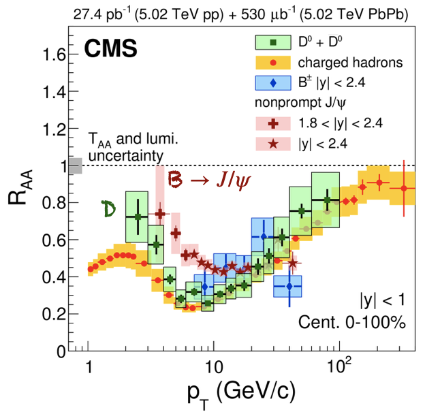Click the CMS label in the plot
(x=110, y=48)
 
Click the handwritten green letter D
(x=107, y=209)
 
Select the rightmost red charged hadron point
(x=404, y=188)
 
